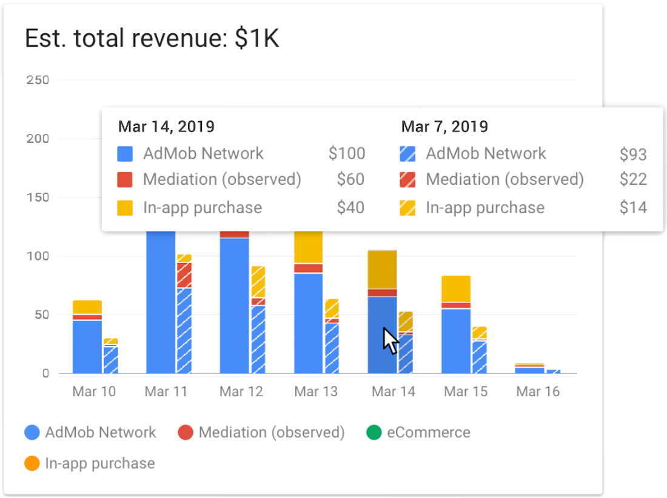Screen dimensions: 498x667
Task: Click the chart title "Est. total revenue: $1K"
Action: [152, 38]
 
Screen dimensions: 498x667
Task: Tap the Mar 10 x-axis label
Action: [93, 391]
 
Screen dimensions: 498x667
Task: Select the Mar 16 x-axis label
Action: [538, 391]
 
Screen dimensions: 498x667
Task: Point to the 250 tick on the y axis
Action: [38, 80]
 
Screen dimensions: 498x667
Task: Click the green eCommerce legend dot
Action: [374, 433]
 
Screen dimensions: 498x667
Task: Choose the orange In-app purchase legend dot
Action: [32, 464]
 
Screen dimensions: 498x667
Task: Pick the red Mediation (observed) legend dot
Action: [186, 433]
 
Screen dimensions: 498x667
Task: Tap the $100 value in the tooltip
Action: [347, 153]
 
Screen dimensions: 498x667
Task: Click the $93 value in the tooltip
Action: [633, 154]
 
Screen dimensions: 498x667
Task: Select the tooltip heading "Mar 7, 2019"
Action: [444, 127]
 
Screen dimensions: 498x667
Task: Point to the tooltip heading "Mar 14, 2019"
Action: [166, 127]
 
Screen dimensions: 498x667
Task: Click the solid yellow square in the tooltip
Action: [124, 208]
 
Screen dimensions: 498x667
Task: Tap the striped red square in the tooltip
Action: [407, 180]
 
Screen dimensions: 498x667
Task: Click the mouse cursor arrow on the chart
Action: [390, 340]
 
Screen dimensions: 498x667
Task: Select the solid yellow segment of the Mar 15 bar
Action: [456, 289]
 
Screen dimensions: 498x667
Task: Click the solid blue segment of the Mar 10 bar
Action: [87, 347]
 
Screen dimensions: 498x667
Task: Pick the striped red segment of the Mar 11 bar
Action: [184, 275]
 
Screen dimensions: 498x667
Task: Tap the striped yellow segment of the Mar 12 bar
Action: [258, 282]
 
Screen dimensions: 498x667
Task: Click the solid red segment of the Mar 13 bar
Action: [308, 268]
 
